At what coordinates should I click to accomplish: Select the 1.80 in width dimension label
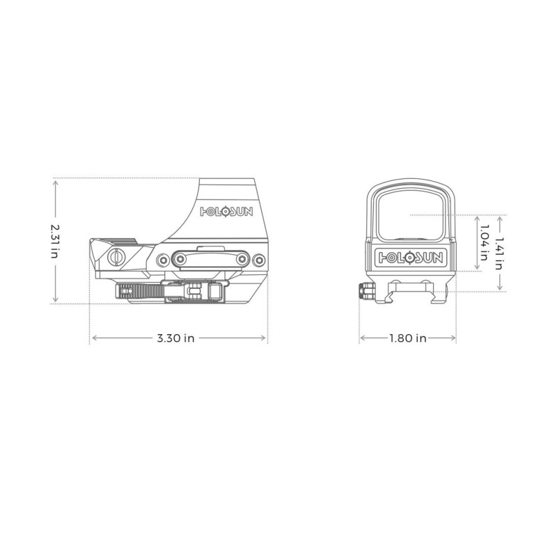pos(407,338)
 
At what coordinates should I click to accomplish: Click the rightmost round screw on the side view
pos(259,259)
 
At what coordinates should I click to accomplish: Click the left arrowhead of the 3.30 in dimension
pos(93,338)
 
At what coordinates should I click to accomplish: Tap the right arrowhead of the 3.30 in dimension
pos(265,338)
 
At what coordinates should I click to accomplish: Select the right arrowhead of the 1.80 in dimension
pos(454,338)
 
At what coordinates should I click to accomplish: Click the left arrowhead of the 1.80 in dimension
pos(361,338)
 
